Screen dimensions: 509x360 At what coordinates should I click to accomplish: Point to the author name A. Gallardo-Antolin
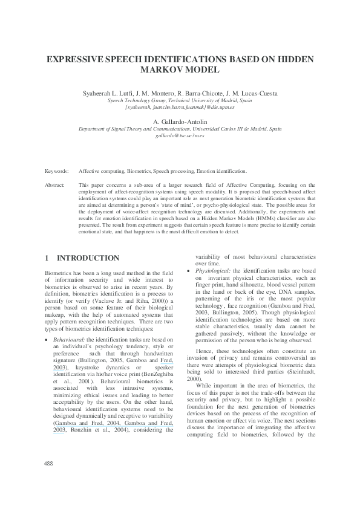point(180,122)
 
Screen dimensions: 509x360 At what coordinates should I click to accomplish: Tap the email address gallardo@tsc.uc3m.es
point(180,136)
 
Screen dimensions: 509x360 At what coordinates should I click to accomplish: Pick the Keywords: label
point(56,172)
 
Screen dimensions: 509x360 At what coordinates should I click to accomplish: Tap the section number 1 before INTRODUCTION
point(47,258)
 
